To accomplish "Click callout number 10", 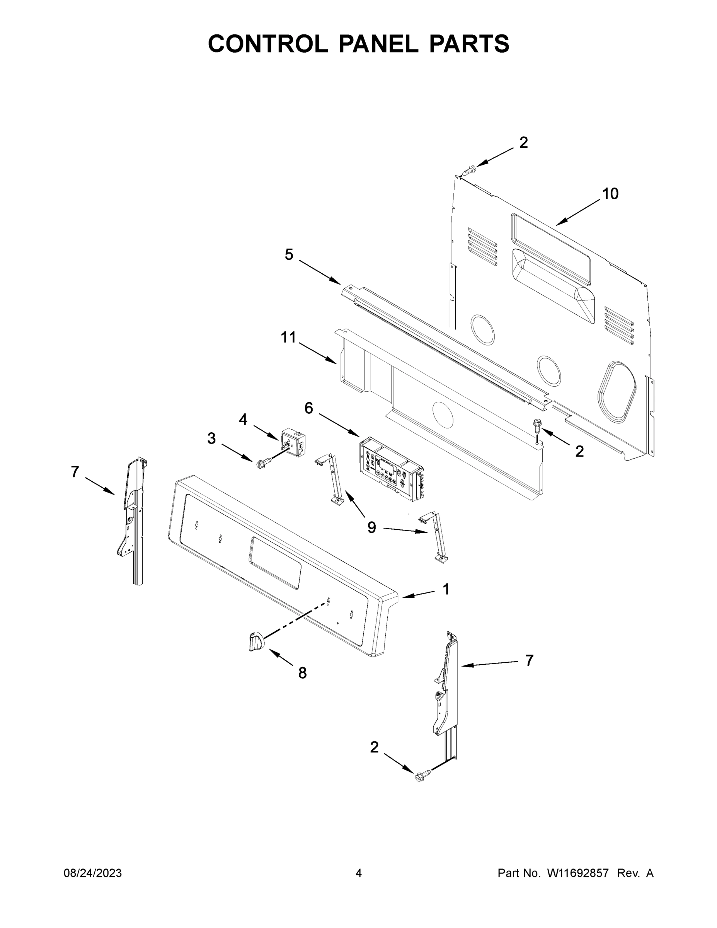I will coord(610,194).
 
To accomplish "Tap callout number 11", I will coord(288,338).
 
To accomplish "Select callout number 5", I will coord(289,255).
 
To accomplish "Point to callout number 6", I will coord(309,408).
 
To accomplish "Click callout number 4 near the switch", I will coord(243,420).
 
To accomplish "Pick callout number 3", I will coord(211,438).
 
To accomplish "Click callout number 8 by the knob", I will coord(302,673).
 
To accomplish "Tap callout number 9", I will coord(372,527).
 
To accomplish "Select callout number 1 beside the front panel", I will coord(446,589).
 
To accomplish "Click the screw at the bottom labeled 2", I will coord(421,777).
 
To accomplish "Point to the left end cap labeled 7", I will coord(133,519).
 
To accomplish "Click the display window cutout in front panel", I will coord(275,563).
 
